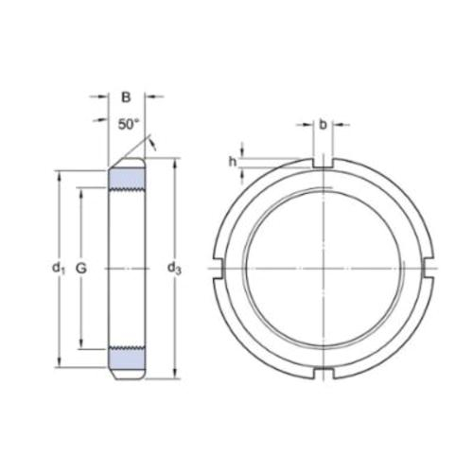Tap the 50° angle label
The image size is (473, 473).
click(x=129, y=124)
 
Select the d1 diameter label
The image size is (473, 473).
click(x=57, y=269)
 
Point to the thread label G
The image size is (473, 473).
click(x=81, y=269)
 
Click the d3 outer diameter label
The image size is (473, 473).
click(x=175, y=269)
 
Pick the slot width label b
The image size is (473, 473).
click(x=323, y=124)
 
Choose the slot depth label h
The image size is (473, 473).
click(x=232, y=160)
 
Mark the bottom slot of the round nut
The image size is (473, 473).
click(x=323, y=372)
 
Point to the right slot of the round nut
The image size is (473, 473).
click(x=428, y=269)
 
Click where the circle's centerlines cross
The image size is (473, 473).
click(x=323, y=269)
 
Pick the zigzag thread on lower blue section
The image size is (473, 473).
click(x=127, y=348)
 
